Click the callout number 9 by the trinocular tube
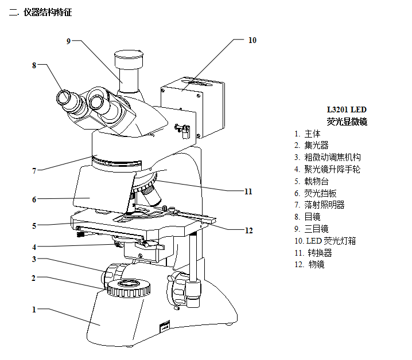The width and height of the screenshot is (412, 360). point(68,41)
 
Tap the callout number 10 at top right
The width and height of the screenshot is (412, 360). point(252,40)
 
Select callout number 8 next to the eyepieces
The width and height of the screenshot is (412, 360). point(34,65)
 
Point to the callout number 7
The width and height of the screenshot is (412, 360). point(34,170)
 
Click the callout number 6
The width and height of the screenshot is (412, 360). point(34,199)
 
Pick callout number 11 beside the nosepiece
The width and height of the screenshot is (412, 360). point(248,191)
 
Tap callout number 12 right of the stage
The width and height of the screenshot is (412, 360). point(248,230)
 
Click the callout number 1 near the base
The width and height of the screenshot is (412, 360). point(34,310)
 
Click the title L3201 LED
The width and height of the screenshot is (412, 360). point(346,109)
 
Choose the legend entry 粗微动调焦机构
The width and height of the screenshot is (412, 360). point(333,157)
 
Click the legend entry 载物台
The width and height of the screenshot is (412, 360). point(317,181)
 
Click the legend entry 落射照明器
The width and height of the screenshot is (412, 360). point(325,205)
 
